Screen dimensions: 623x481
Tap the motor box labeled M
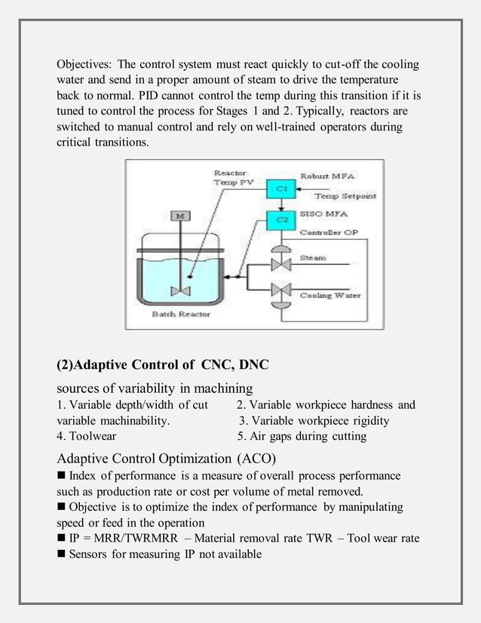pyautogui.click(x=180, y=216)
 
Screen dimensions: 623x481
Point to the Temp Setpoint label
pyautogui.click(x=345, y=196)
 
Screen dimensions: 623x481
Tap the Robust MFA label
pyautogui.click(x=329, y=176)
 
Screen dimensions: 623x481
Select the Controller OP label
pyautogui.click(x=329, y=232)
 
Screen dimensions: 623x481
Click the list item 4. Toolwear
pyautogui.click(x=87, y=436)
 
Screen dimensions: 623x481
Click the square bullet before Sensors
pyautogui.click(x=61, y=554)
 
